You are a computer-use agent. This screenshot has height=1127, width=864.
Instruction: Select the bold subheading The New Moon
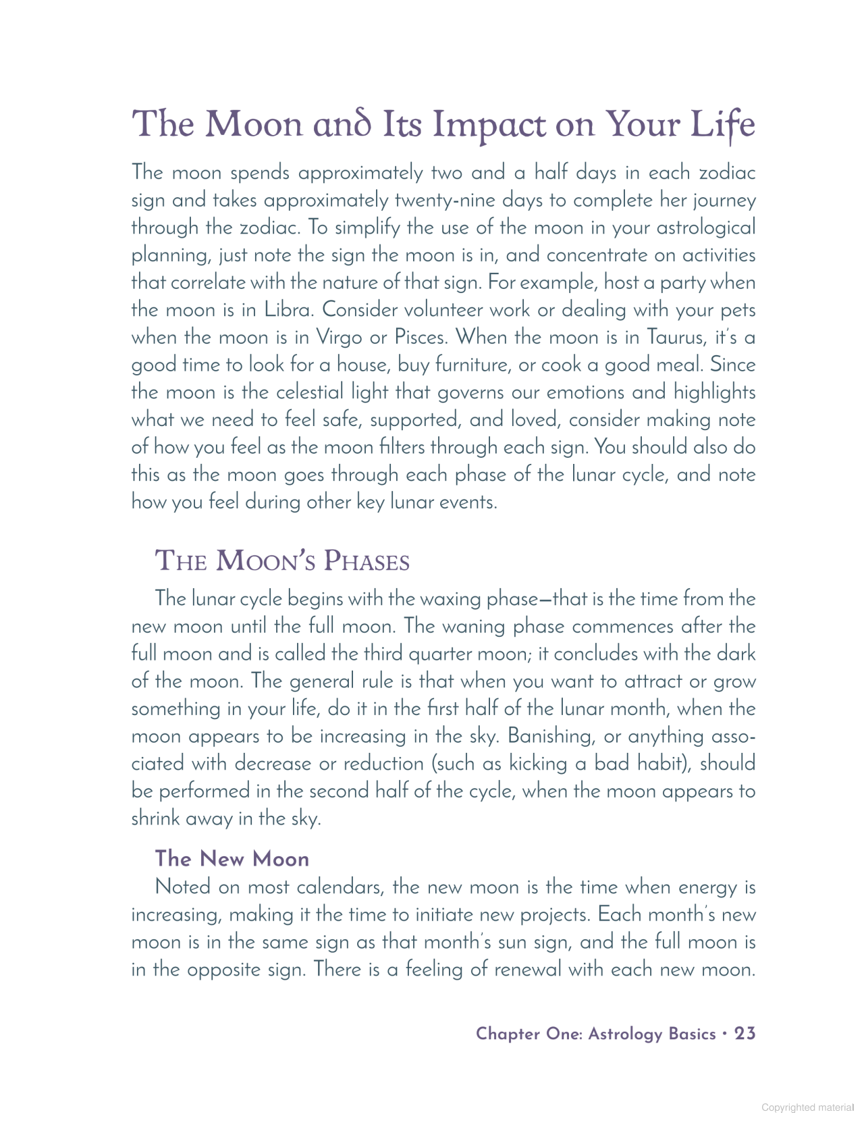tap(232, 859)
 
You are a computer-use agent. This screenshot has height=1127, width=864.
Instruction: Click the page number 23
tap(745, 1034)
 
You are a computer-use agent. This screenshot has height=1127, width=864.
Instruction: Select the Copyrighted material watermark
tap(807, 1107)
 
